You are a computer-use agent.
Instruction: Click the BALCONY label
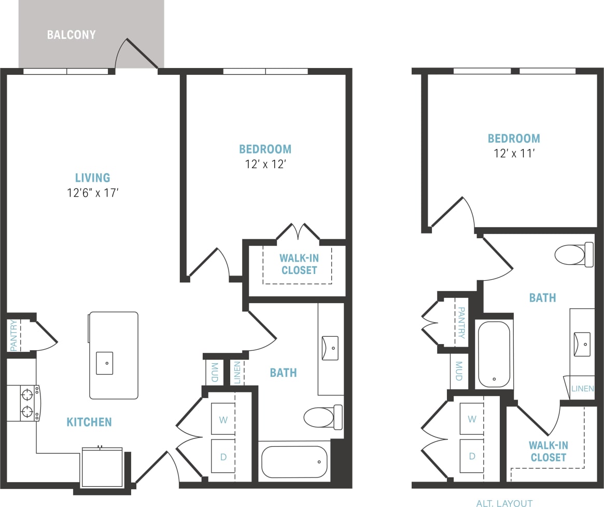point(72,35)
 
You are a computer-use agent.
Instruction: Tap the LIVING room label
point(93,178)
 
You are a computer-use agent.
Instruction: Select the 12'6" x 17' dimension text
point(93,194)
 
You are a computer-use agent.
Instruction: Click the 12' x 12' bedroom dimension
point(265,165)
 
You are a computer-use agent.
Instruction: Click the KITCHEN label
point(89,422)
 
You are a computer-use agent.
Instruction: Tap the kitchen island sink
point(105,363)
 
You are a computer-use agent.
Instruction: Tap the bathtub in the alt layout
point(494,354)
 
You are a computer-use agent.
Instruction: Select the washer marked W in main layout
point(223,419)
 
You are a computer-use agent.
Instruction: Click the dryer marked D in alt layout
point(472,456)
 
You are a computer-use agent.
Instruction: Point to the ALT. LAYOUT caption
point(504,503)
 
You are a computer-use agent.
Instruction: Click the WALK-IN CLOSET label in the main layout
point(298,264)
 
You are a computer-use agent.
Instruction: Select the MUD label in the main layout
point(214,372)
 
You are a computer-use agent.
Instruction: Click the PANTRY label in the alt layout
point(460,323)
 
